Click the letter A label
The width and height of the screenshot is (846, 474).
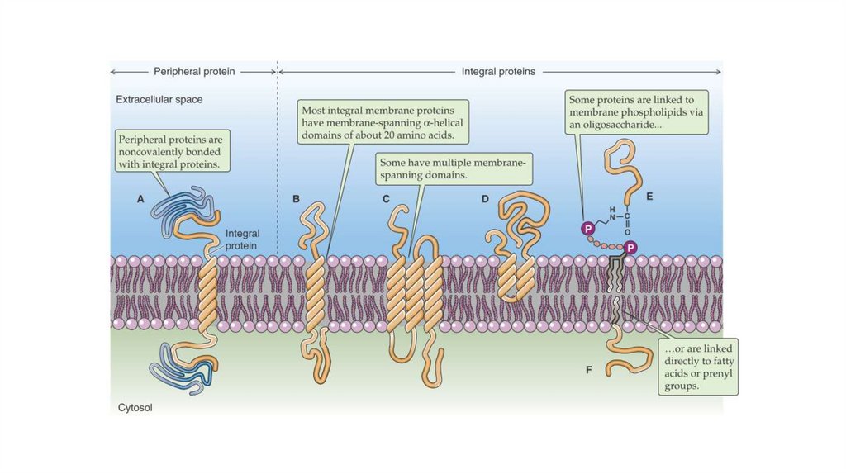click(140, 199)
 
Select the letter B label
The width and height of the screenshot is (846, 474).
click(297, 199)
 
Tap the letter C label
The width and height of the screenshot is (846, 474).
click(386, 199)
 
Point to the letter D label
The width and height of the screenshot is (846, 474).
click(485, 199)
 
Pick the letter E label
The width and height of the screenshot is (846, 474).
click(649, 197)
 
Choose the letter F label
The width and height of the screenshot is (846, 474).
click(589, 370)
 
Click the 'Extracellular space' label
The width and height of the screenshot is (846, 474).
click(159, 100)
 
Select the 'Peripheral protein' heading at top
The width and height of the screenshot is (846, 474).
click(194, 72)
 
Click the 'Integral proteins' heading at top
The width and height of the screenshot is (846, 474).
click(498, 72)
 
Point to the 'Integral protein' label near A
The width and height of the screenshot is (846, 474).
click(241, 239)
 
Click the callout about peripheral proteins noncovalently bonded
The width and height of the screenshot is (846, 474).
click(171, 152)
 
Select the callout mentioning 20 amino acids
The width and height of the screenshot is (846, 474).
click(384, 122)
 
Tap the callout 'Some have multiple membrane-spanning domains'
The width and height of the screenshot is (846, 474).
click(452, 168)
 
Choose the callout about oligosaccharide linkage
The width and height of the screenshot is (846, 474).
click(637, 112)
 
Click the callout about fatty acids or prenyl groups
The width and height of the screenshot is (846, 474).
click(698, 365)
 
